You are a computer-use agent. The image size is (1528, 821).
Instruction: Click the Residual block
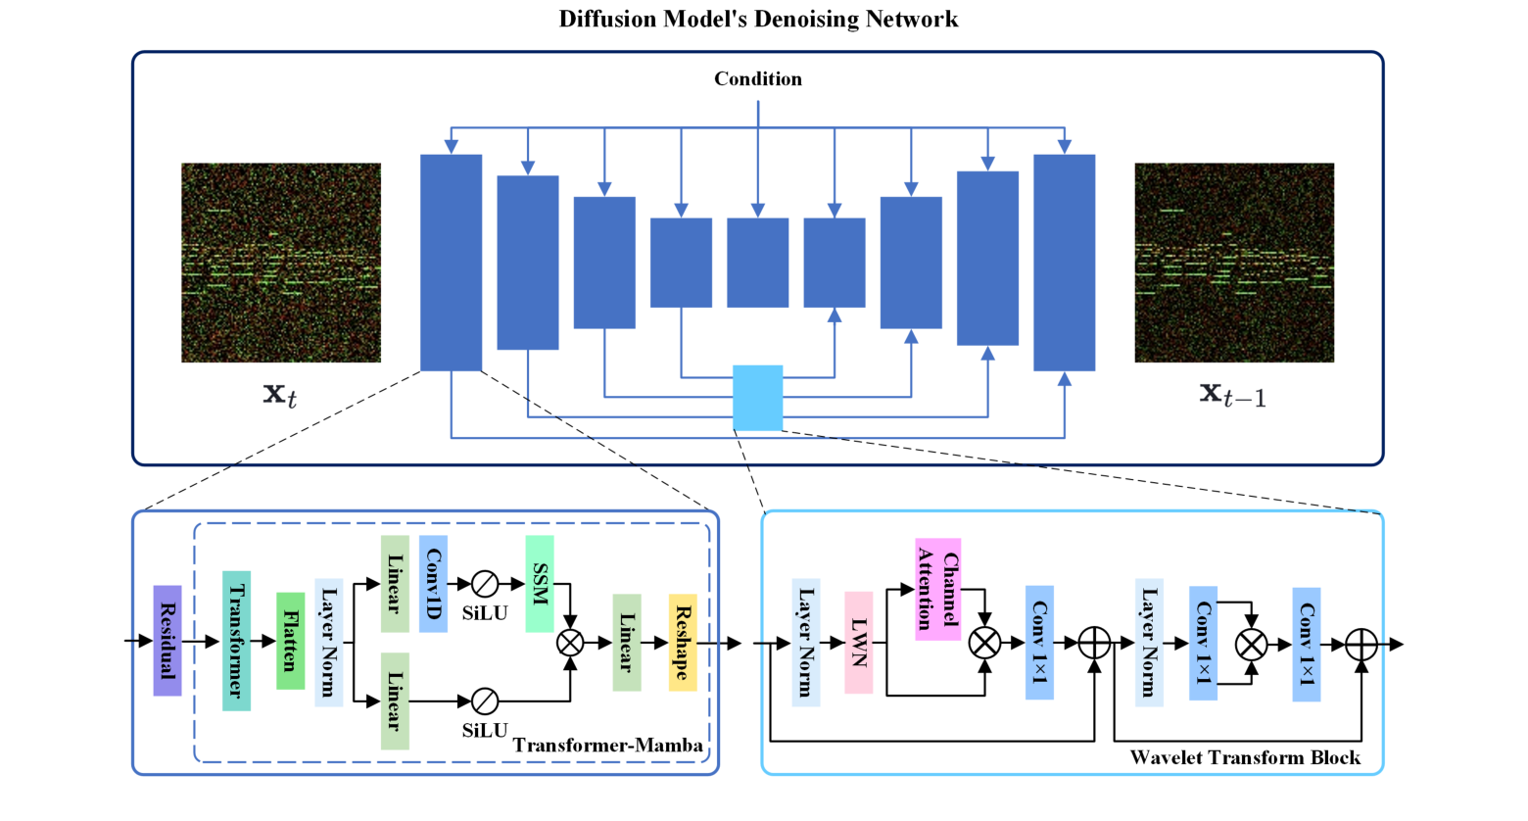(167, 641)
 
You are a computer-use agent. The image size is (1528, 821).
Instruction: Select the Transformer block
(236, 641)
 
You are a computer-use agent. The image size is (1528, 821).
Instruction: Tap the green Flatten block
(290, 641)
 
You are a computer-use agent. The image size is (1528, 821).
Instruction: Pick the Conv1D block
(433, 583)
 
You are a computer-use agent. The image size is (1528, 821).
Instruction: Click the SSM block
(540, 583)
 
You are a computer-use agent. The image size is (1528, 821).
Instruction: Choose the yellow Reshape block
(683, 642)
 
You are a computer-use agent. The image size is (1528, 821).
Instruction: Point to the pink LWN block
(859, 642)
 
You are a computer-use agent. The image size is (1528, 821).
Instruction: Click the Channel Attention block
(937, 589)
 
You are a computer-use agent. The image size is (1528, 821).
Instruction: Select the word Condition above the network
(757, 79)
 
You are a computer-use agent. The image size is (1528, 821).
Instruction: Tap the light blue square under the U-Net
(757, 398)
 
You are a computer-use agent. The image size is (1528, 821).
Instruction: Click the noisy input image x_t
(281, 263)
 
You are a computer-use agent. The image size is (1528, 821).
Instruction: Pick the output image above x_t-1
(1234, 263)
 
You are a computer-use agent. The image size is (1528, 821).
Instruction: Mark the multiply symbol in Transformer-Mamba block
(570, 643)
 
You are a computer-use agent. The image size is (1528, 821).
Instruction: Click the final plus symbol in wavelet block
(1361, 644)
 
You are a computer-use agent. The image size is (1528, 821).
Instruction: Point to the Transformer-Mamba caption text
(607, 746)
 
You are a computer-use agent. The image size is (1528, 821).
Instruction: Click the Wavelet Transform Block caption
(1245, 757)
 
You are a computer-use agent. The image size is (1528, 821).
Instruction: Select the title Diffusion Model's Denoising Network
(758, 19)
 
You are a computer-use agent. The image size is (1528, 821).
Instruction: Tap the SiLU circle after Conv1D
(485, 584)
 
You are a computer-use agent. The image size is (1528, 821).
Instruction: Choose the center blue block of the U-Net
(757, 263)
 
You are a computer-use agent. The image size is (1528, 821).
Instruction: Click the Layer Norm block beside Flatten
(329, 642)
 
